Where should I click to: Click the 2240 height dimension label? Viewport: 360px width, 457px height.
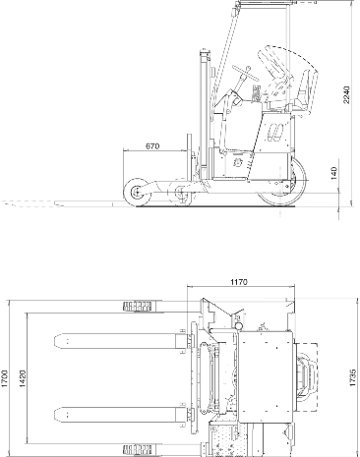(x=346, y=94)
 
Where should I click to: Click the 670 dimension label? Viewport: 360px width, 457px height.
(x=152, y=146)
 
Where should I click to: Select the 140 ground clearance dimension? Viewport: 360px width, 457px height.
(x=333, y=173)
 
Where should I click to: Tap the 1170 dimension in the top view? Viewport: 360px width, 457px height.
(x=239, y=282)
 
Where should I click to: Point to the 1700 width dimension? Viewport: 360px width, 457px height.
(x=4, y=378)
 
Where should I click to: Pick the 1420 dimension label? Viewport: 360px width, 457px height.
(x=23, y=378)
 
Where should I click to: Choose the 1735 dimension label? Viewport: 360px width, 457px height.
(x=353, y=377)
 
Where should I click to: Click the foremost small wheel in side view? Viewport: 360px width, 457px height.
(x=138, y=193)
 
